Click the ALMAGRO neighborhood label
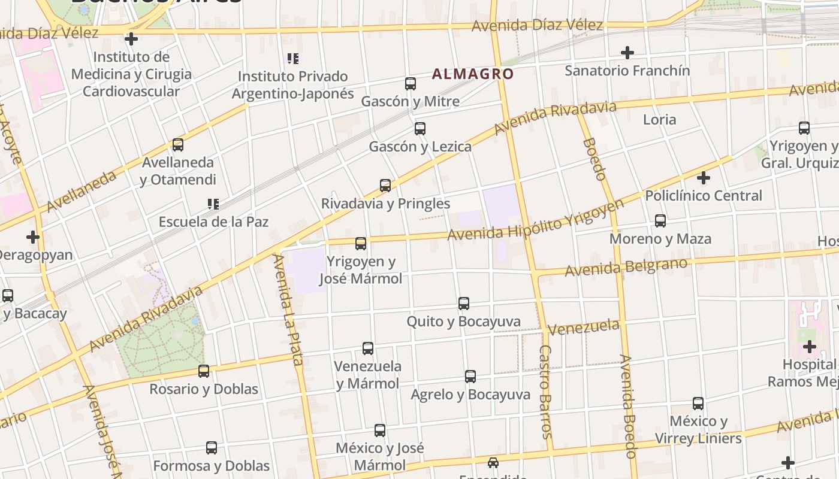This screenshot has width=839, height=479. click(x=473, y=74)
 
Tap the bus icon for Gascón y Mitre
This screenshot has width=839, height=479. click(x=411, y=84)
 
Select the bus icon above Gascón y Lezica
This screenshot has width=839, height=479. click(x=420, y=129)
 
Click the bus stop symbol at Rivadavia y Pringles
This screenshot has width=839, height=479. click(x=385, y=186)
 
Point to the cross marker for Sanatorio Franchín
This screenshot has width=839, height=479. click(x=627, y=53)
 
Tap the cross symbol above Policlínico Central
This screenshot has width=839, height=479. click(x=704, y=178)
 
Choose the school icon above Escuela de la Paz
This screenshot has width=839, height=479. click(x=213, y=204)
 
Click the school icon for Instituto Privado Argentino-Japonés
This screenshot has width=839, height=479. click(x=293, y=59)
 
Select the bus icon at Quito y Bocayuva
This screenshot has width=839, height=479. click(x=464, y=304)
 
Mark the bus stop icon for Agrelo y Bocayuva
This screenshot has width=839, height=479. click(x=470, y=377)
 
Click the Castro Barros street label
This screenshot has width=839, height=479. click(x=545, y=392)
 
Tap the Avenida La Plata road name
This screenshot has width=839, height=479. click(x=288, y=309)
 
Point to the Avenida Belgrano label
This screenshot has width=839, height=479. click(x=626, y=267)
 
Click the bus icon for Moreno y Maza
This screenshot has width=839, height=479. click(x=660, y=221)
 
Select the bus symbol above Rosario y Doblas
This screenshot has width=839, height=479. click(x=204, y=371)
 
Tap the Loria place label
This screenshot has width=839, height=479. click(x=659, y=119)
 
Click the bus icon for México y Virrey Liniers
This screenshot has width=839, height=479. click(x=698, y=404)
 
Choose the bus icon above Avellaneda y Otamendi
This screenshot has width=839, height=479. click(x=178, y=145)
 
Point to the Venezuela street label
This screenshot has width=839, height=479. click(x=583, y=328)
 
